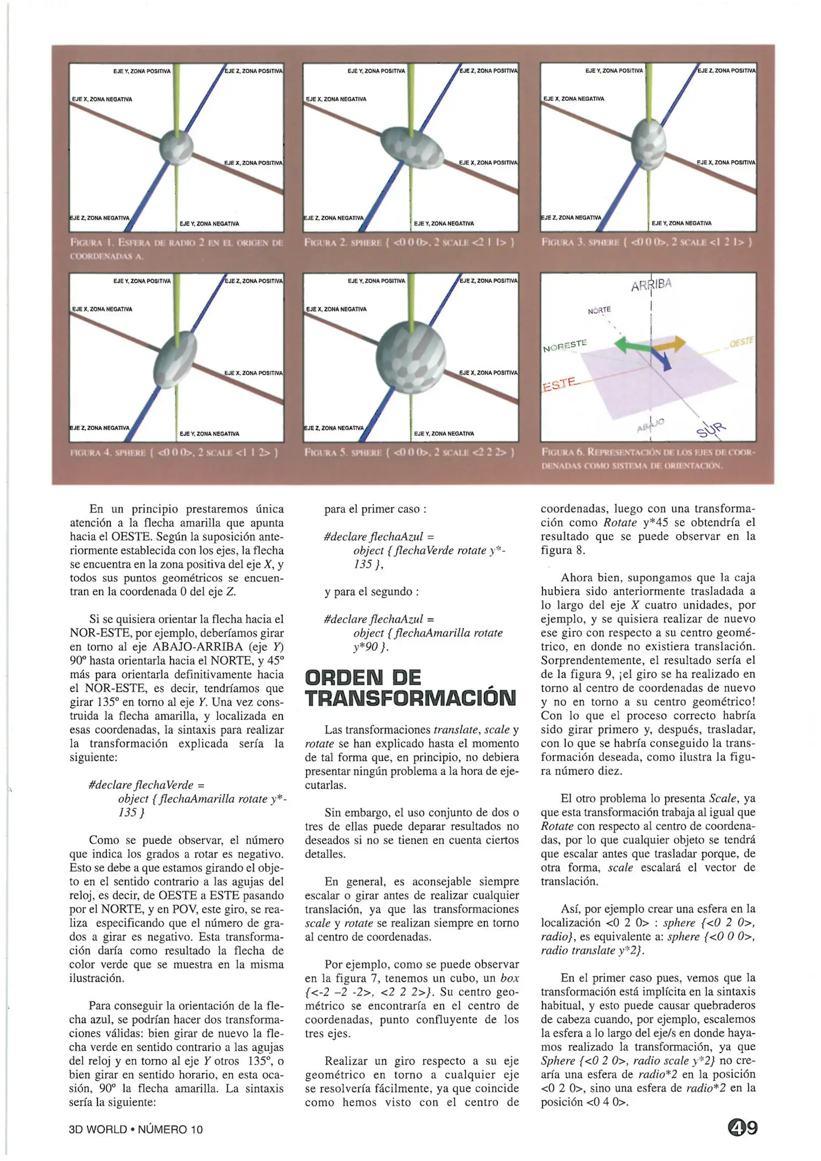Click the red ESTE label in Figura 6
559,384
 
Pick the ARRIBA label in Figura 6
651,285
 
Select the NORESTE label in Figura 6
565,346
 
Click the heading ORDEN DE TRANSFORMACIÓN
410,687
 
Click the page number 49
742,1127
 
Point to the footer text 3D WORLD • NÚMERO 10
136,1129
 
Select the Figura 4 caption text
174,453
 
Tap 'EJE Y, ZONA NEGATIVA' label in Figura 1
209,224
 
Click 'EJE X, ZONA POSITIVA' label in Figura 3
726,162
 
